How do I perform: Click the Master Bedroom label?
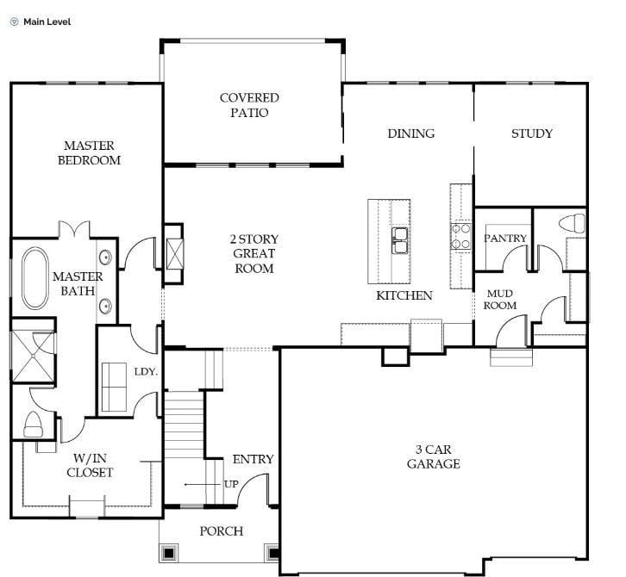click(89, 153)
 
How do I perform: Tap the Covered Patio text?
click(248, 106)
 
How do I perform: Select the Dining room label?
click(410, 133)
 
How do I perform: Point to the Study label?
click(531, 133)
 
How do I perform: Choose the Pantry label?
click(504, 238)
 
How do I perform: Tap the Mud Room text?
click(499, 299)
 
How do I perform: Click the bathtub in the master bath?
click(36, 278)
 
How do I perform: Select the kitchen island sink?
click(401, 240)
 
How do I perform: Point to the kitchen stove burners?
click(461, 236)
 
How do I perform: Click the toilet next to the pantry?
click(572, 224)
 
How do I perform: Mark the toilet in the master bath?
click(34, 424)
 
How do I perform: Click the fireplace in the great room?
click(174, 254)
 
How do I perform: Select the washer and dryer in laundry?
click(113, 387)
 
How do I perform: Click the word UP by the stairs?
click(231, 484)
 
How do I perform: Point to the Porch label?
click(221, 531)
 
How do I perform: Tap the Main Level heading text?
click(47, 22)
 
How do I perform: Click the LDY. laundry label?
click(145, 371)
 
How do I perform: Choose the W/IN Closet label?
click(90, 465)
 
